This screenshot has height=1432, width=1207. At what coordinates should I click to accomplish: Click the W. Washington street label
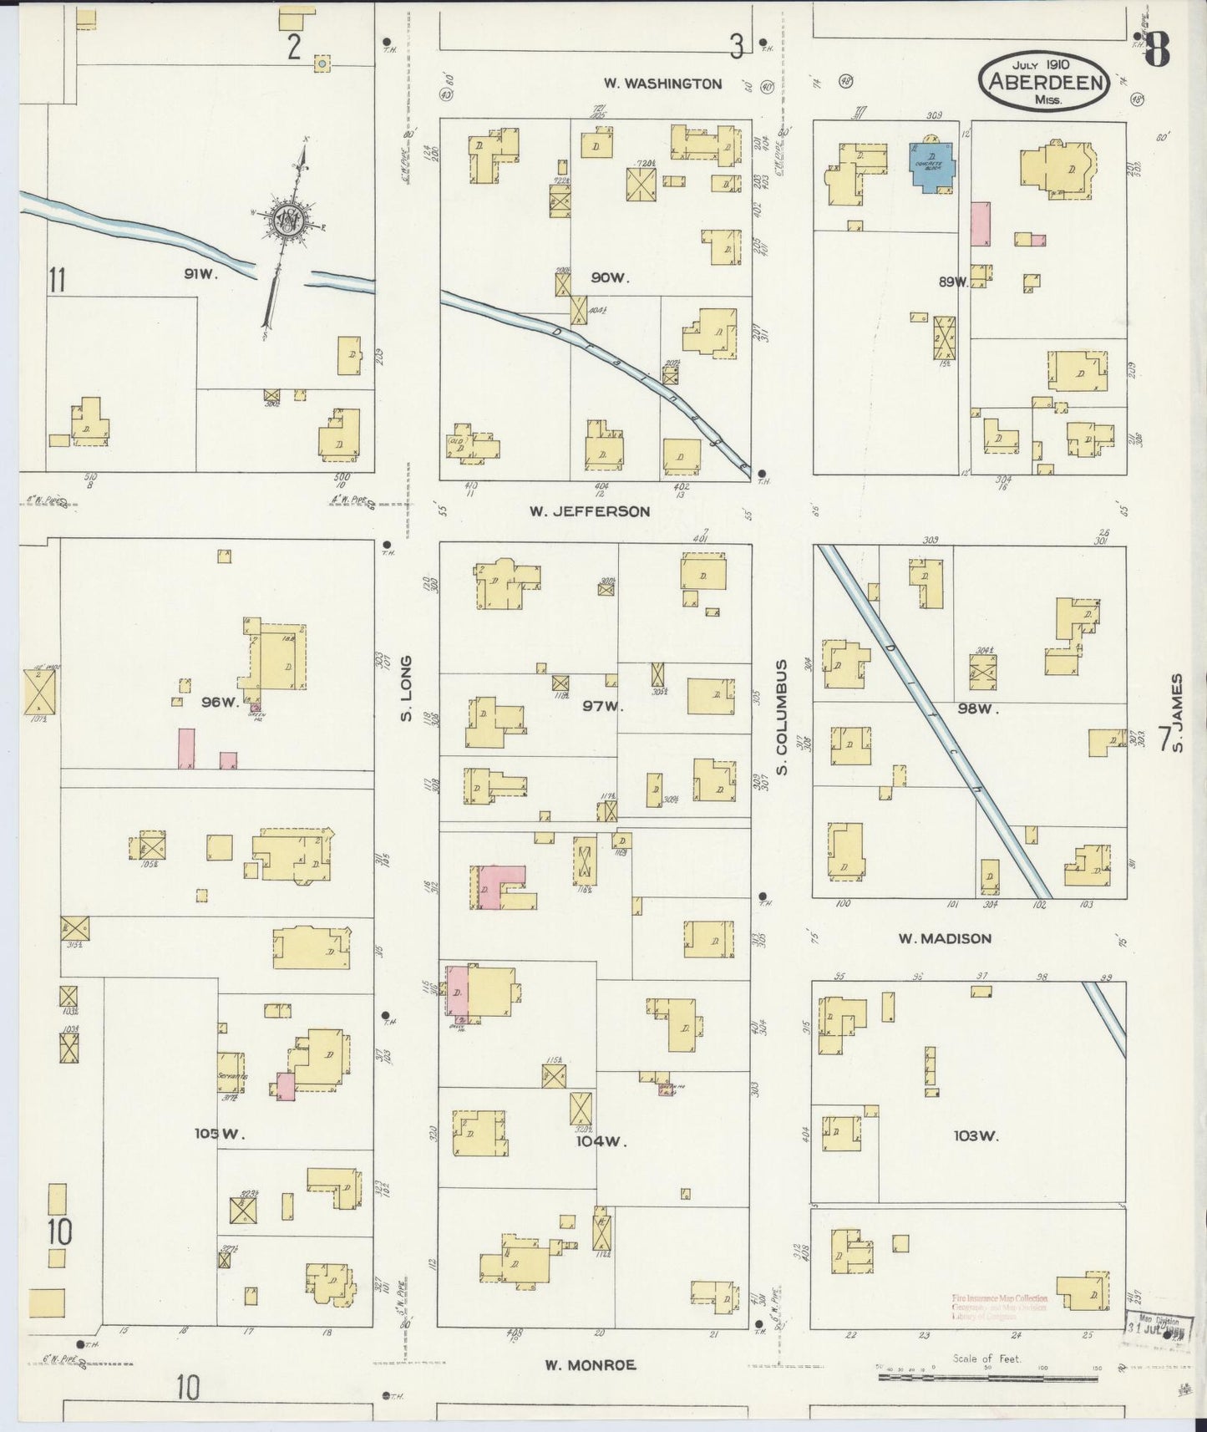click(662, 84)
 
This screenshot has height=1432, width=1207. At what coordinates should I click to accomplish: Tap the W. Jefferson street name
click(589, 510)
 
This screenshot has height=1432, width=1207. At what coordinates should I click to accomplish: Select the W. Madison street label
click(945, 938)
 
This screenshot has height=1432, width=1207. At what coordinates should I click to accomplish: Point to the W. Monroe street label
click(590, 1364)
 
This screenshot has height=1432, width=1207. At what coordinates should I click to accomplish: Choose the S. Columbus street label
click(783, 717)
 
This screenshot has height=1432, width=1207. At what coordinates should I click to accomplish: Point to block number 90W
click(609, 277)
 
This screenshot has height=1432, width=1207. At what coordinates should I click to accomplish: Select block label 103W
click(976, 1135)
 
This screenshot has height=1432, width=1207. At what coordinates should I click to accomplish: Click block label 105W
click(219, 1134)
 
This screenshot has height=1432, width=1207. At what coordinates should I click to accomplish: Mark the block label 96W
click(220, 702)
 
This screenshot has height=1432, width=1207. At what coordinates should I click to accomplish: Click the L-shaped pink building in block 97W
click(501, 884)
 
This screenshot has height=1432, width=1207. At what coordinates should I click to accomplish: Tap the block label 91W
click(200, 273)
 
